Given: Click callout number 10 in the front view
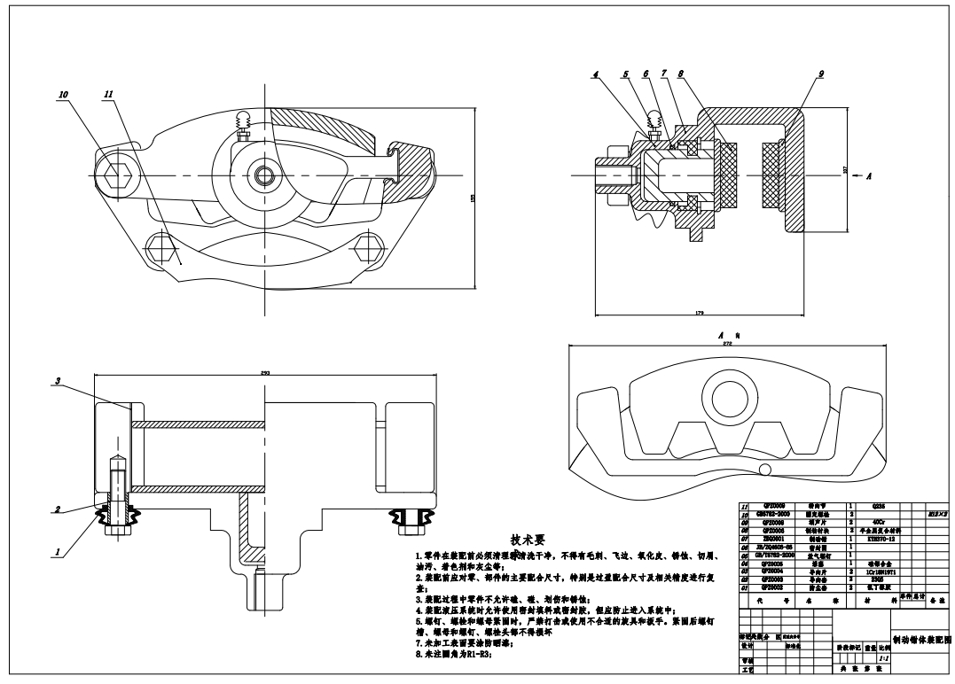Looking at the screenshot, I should pyautogui.click(x=64, y=94).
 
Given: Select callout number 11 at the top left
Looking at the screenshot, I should pyautogui.click(x=108, y=94).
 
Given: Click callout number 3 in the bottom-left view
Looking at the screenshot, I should pyautogui.click(x=58, y=381).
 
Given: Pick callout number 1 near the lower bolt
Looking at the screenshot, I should pyautogui.click(x=59, y=552).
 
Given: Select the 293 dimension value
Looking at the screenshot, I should pyautogui.click(x=265, y=374).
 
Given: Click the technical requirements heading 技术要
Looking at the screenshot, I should pyautogui.click(x=527, y=539).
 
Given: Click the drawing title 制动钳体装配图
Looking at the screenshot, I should pyautogui.click(x=921, y=638).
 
